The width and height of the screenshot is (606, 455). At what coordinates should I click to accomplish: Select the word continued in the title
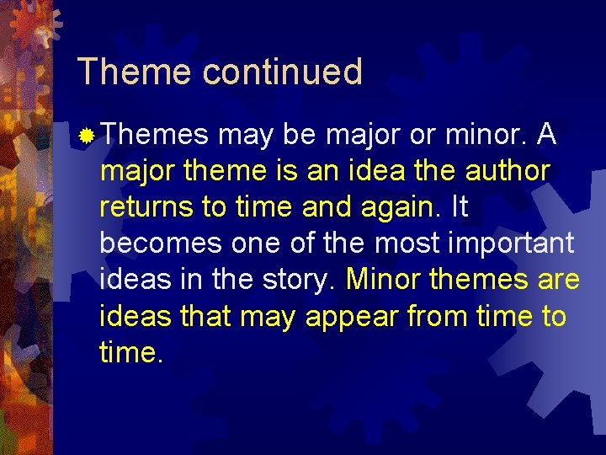[x=282, y=72]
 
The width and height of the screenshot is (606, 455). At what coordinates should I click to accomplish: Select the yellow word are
[x=558, y=280]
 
